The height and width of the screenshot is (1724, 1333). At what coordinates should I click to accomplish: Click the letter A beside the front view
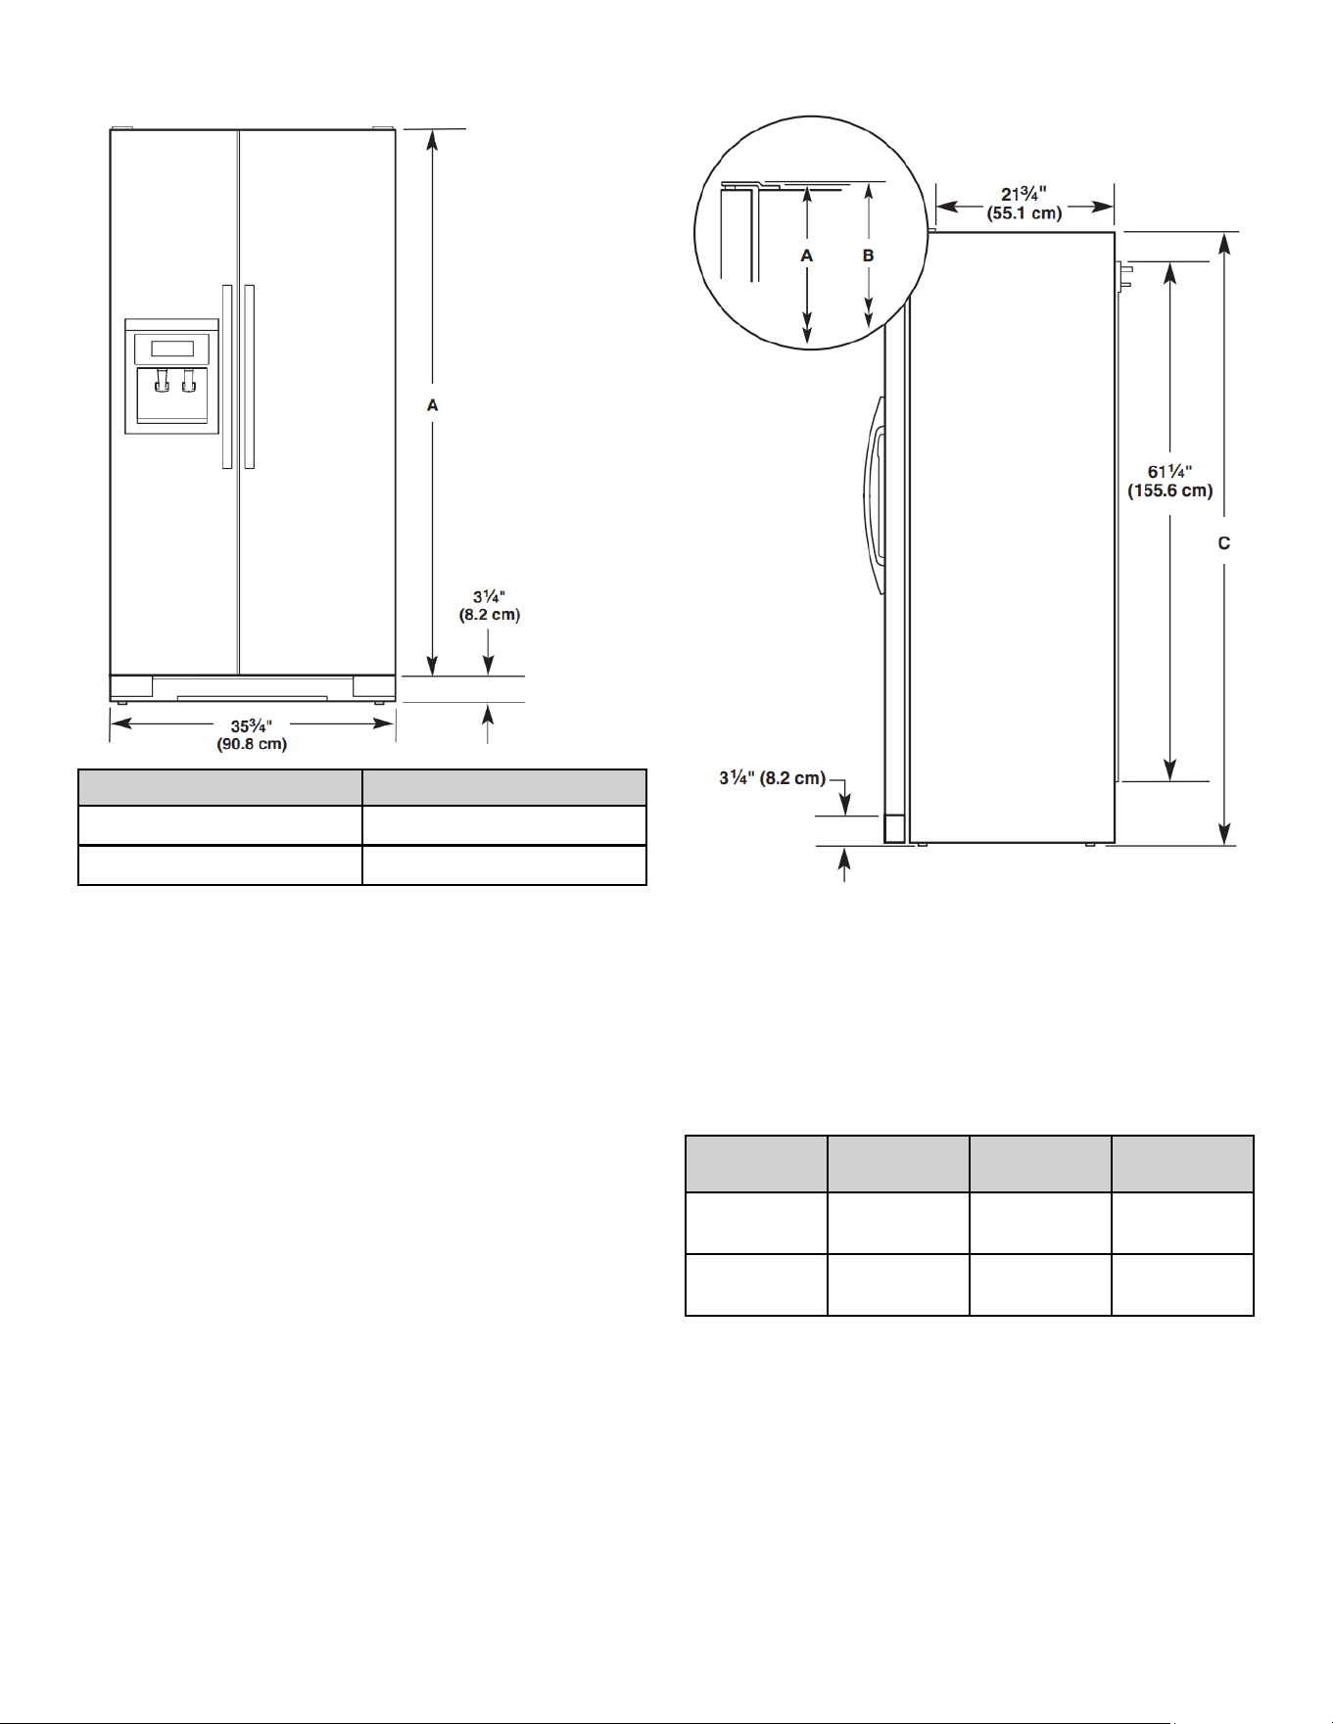[x=432, y=405]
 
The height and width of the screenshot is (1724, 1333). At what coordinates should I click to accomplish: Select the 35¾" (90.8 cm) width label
[x=252, y=735]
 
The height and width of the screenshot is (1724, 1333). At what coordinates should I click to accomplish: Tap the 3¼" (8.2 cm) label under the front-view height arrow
[x=490, y=606]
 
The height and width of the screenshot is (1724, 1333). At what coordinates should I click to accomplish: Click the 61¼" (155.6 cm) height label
[x=1170, y=482]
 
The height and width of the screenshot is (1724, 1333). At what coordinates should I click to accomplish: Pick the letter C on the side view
[x=1224, y=543]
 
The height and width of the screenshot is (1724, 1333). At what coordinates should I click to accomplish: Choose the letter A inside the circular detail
[x=807, y=256]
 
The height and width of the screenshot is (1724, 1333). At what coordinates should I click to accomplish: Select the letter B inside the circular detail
[x=868, y=256]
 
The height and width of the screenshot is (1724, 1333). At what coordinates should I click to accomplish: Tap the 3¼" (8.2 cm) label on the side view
[x=773, y=778]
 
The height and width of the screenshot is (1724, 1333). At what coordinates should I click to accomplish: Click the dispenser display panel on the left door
[x=171, y=349]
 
